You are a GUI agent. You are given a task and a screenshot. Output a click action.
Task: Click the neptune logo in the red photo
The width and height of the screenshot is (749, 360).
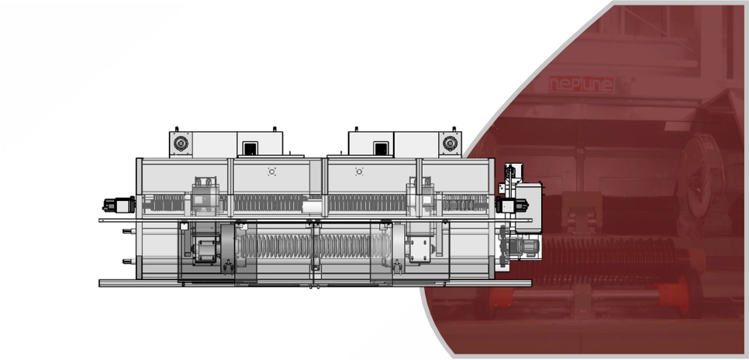[x=582, y=85]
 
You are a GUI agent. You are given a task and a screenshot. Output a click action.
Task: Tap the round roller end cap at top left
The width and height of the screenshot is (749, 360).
[x=181, y=144]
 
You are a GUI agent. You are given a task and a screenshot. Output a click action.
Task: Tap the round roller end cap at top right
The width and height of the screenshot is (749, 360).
[x=450, y=144]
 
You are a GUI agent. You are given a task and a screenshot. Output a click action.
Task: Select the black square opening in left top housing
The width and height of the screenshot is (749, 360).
[x=250, y=148]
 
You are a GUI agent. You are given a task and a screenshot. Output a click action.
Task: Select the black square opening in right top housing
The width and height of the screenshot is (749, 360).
[x=381, y=148]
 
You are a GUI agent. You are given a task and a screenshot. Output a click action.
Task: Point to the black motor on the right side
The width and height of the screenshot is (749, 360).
[x=512, y=206]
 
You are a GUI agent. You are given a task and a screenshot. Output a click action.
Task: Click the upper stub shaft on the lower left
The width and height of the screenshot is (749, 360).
[x=129, y=231]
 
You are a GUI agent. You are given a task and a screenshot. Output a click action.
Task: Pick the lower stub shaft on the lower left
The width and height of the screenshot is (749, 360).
[x=129, y=261]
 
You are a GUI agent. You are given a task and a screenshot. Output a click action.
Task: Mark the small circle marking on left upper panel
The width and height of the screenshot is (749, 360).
[x=272, y=171]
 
